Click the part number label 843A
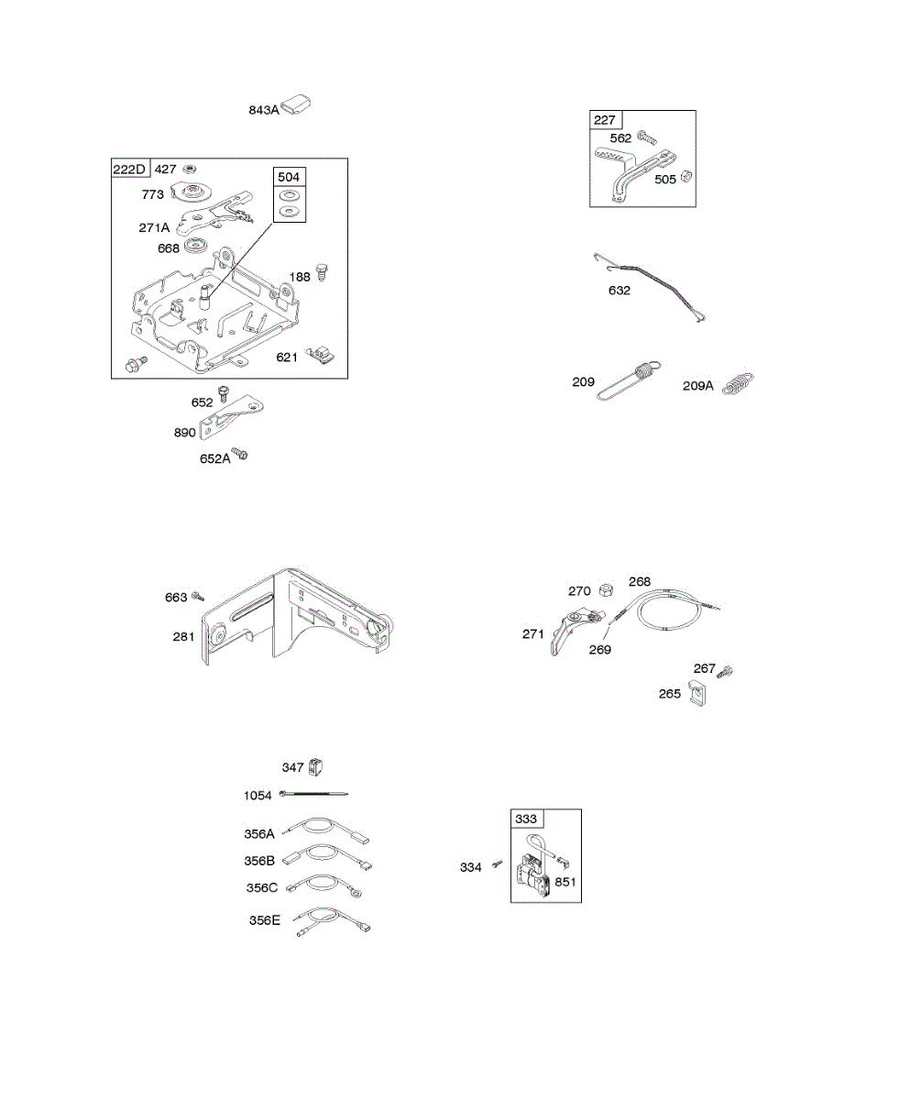click(x=263, y=110)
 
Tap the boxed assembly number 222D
click(x=130, y=170)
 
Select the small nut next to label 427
click(x=191, y=170)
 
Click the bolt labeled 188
click(x=322, y=272)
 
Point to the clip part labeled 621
click(x=323, y=352)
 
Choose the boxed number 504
click(x=289, y=177)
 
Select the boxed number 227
click(x=605, y=120)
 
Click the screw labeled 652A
click(x=241, y=453)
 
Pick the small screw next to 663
click(x=197, y=598)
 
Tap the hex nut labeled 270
click(x=605, y=590)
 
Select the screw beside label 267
click(x=726, y=671)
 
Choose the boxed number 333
click(x=526, y=819)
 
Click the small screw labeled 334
click(x=496, y=864)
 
